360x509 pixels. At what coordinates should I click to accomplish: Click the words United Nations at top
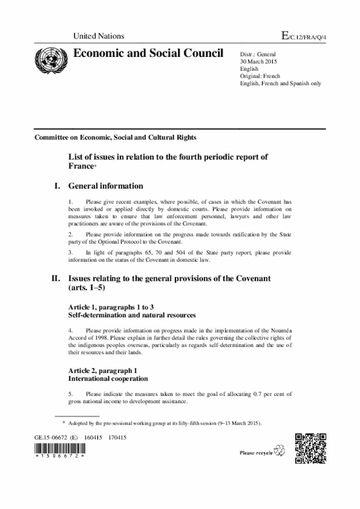pyautogui.click(x=98, y=37)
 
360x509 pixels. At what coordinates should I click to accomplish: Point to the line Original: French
pyautogui.click(x=260, y=76)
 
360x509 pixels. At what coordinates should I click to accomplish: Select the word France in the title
pyautogui.click(x=81, y=167)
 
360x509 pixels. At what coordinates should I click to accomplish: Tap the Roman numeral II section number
pyautogui.click(x=56, y=278)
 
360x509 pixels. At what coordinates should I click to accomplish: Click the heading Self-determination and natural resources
pyautogui.click(x=132, y=316)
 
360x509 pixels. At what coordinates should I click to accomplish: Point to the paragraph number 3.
pyautogui.click(x=70, y=253)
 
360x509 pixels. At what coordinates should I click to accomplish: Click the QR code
pyautogui.click(x=310, y=448)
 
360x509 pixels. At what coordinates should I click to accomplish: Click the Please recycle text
pyautogui.click(x=256, y=452)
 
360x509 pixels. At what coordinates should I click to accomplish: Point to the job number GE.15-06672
pyautogui.click(x=51, y=437)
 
